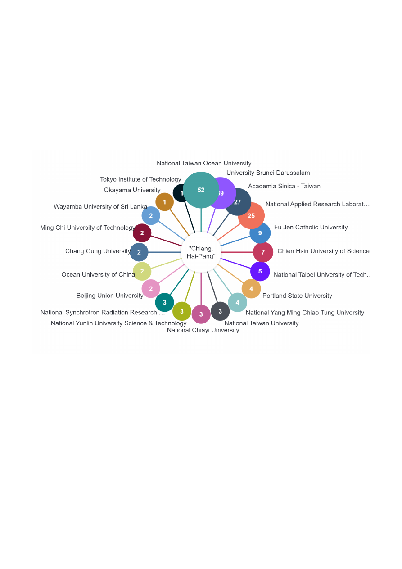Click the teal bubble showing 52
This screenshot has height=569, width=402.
201,190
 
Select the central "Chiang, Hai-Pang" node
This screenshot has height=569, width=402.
201,252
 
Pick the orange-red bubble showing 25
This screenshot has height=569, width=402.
251,216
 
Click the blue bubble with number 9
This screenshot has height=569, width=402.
260,233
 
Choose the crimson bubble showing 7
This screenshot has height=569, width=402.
263,252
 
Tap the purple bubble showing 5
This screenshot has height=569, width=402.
260,271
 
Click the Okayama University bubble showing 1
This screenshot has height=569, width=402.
164,202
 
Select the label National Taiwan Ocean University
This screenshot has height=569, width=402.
204,163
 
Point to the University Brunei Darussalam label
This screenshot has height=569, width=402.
268,173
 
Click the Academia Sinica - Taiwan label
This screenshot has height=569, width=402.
284,186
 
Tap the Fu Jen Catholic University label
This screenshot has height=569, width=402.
311,227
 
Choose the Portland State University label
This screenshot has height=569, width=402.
297,296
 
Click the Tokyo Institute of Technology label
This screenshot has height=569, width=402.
140,179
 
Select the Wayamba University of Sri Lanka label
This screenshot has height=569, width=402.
100,206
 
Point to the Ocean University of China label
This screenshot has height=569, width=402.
98,274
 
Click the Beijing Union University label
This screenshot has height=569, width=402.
110,296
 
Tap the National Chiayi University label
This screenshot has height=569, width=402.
203,330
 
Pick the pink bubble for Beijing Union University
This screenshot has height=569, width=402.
151,289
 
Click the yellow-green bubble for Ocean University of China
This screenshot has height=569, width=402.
142,271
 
